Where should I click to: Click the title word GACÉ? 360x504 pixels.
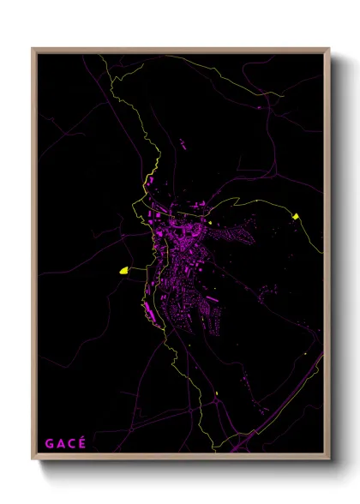click(64, 443)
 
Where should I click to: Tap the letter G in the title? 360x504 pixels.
click(48, 443)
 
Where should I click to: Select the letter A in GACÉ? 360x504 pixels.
click(59, 443)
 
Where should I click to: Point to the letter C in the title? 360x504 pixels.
click(70, 443)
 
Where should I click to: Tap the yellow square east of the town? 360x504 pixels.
click(296, 216)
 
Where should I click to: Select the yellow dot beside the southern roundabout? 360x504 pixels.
click(218, 393)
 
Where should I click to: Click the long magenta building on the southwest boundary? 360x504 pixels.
click(151, 314)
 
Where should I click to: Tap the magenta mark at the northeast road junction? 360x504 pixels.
click(260, 106)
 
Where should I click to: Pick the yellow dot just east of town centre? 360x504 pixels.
click(211, 222)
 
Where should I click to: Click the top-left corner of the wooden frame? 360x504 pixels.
click(33, 49)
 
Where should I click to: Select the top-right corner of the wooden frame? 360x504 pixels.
click(328, 49)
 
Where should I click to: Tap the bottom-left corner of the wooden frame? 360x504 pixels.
click(33, 459)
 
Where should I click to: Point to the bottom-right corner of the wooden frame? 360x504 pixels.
click(328, 459)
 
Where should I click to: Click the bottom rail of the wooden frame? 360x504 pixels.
click(180, 459)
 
